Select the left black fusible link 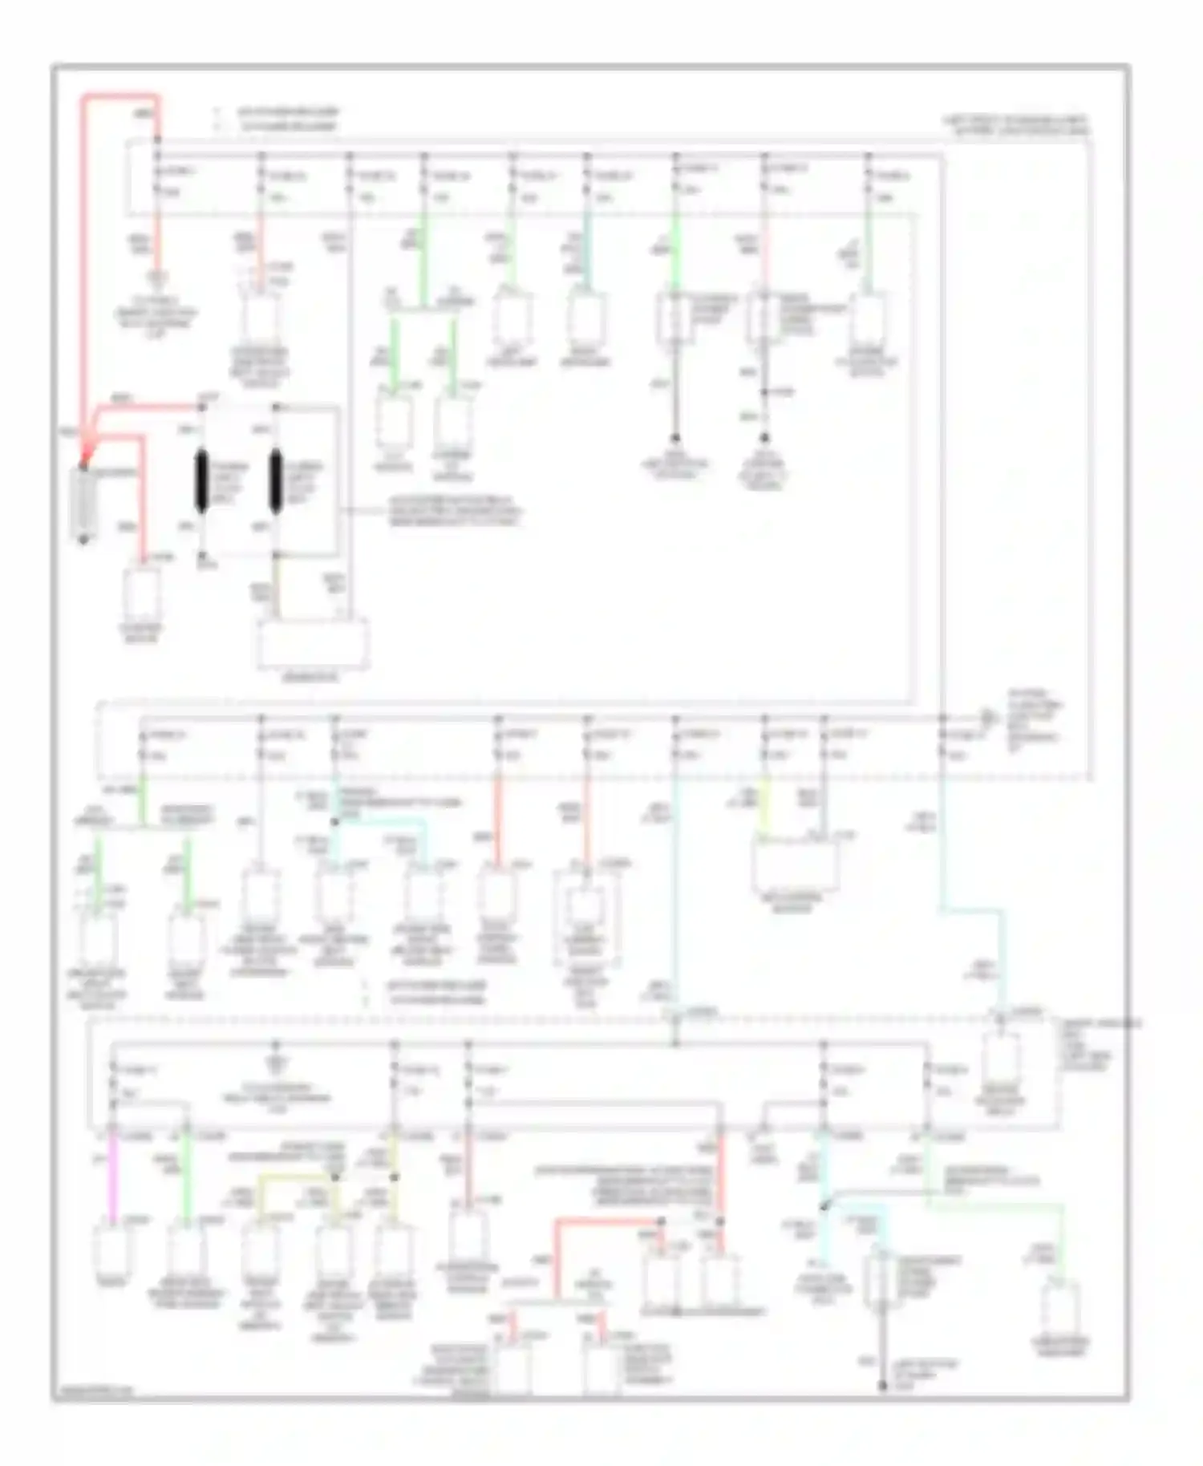201,481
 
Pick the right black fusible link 276,481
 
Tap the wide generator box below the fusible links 313,643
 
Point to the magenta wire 113,1175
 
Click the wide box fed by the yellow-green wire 794,866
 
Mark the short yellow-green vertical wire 764,806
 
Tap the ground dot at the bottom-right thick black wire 883,1385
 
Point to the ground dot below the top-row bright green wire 676,439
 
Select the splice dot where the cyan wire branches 824,1206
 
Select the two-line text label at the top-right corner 1017,124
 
